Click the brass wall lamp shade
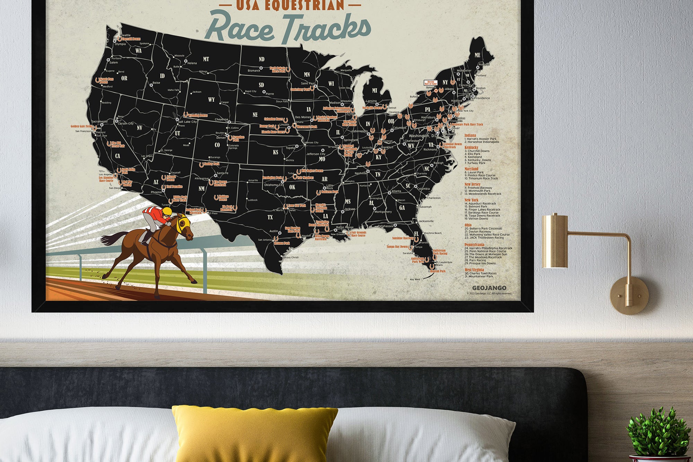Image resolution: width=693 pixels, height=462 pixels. (x=554, y=241)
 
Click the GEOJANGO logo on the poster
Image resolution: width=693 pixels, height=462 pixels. (x=489, y=288)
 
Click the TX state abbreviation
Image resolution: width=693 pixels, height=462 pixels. (x=270, y=217)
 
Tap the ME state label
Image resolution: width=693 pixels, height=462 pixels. (x=477, y=55)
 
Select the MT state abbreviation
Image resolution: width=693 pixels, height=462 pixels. (x=206, y=59)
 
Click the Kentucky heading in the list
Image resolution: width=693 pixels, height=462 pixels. (x=471, y=147)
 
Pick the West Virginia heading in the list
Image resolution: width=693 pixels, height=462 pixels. (x=474, y=270)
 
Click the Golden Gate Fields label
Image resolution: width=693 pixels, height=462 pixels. (x=81, y=127)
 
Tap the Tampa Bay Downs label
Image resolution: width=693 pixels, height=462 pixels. (x=397, y=246)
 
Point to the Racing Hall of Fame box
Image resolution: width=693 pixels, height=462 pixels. (x=431, y=83)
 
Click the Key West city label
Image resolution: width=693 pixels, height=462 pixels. (x=415, y=279)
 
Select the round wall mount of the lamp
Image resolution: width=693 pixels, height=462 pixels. (x=629, y=295)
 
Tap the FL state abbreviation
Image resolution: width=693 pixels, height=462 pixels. (x=416, y=234)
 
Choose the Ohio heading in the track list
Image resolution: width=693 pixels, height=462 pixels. (x=468, y=225)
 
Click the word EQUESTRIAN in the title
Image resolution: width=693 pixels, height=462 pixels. (x=290, y=5)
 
